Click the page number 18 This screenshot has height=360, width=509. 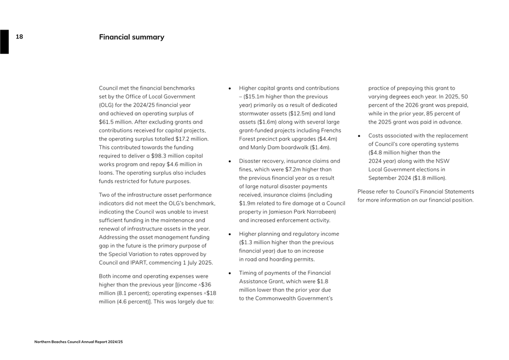19,37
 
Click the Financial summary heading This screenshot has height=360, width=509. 131,37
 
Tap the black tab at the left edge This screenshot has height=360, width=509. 4,42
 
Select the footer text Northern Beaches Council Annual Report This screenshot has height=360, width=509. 79,342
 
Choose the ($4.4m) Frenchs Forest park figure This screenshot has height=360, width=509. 321,139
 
